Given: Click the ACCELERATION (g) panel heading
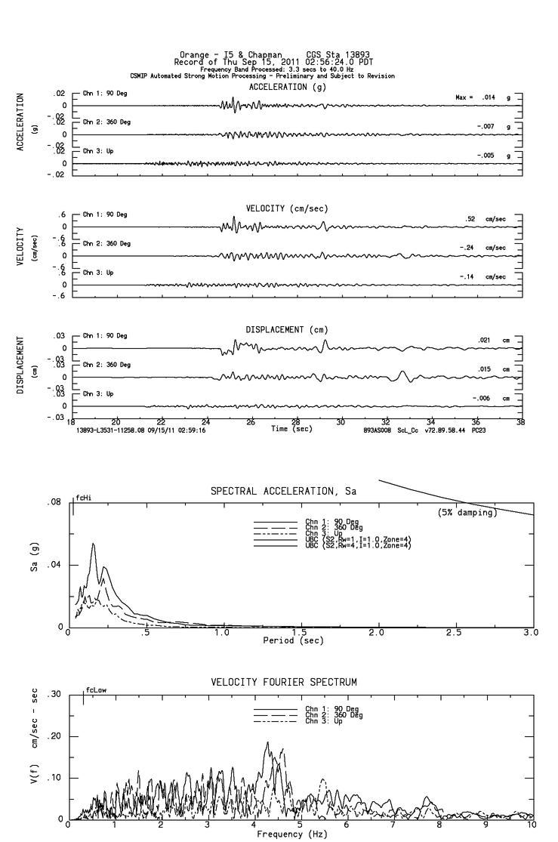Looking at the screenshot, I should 277,87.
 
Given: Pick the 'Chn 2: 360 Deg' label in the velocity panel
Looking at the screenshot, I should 106,243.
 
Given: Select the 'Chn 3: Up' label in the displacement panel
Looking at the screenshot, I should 98,393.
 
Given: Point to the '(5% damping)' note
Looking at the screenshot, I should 467,513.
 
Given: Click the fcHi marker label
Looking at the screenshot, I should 83,499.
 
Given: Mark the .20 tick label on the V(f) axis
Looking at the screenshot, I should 54,736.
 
